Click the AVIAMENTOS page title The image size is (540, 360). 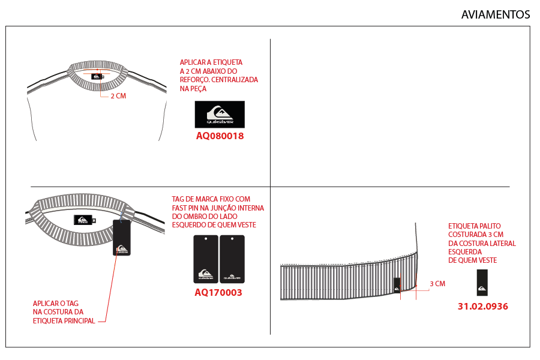495,14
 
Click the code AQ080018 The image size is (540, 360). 220,136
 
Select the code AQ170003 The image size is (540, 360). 218,292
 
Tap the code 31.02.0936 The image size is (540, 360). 483,306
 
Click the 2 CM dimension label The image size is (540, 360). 118,96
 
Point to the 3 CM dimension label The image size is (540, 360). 437,284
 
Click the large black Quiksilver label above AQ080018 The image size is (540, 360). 220,115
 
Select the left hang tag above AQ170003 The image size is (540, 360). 206,259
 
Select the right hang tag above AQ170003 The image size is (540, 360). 232,259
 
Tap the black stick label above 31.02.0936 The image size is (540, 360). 482,283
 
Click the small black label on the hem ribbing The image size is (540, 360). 397,284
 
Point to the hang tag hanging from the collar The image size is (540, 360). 122,238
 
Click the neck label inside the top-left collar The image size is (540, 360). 97,76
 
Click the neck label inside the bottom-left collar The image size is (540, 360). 83,220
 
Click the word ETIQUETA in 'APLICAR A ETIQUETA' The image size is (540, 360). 227,62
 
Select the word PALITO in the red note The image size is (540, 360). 491,226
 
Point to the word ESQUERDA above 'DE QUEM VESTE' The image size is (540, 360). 465,252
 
